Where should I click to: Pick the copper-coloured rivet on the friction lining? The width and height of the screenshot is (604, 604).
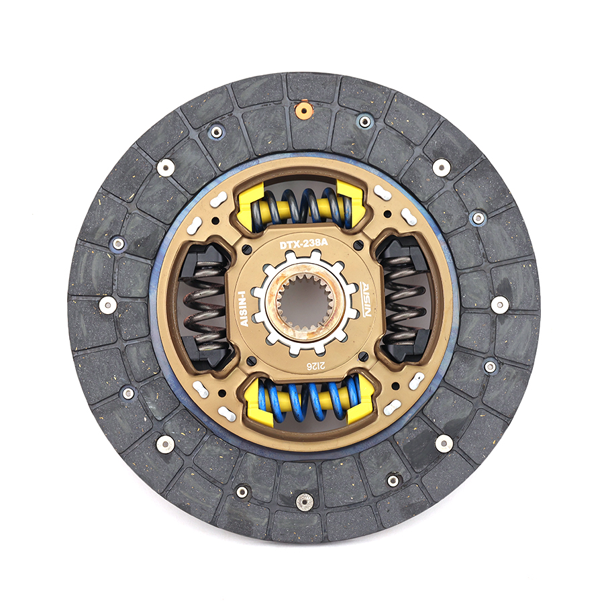(304, 109)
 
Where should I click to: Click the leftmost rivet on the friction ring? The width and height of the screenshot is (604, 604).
(107, 305)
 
